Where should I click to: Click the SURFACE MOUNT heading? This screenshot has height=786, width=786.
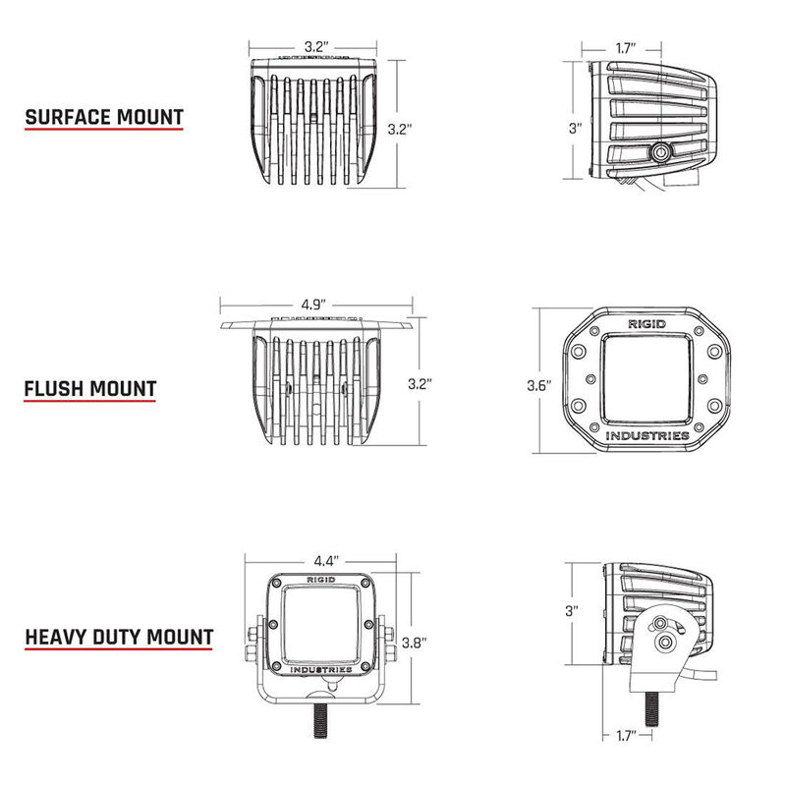[x=104, y=117]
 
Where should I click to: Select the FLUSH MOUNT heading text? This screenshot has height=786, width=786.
[x=90, y=387]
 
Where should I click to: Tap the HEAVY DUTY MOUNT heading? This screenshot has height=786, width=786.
[x=118, y=636]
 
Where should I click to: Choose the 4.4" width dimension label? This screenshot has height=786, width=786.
[x=327, y=561]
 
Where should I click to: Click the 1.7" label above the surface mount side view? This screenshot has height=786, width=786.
[x=623, y=47]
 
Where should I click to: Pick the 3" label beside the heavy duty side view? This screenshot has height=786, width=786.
[x=573, y=610]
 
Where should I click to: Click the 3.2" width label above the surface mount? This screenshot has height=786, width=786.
[x=314, y=46]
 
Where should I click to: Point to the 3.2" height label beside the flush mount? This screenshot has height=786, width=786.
[x=420, y=381]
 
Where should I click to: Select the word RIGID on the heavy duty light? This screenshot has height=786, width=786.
[x=320, y=580]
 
